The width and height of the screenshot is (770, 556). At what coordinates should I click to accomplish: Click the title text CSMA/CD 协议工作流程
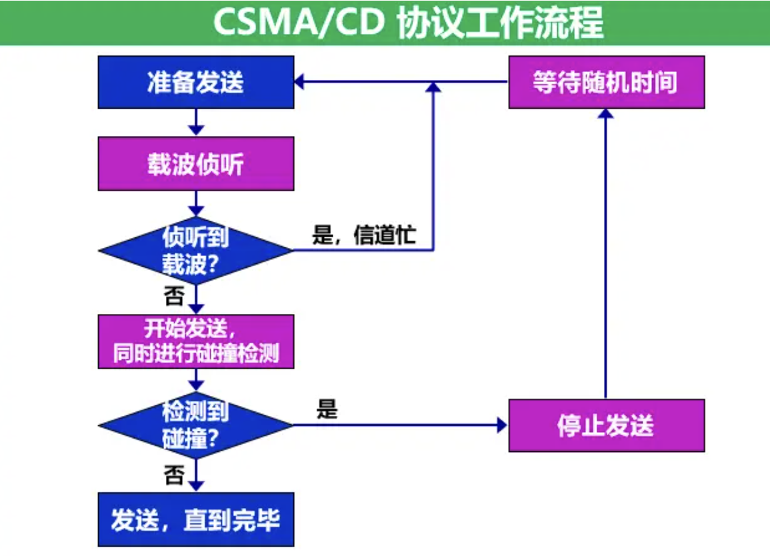(x=408, y=23)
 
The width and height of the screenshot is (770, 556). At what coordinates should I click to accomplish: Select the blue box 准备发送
(x=195, y=82)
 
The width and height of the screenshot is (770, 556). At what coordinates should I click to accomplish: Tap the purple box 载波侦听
(x=195, y=163)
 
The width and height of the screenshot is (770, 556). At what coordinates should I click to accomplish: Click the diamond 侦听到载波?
(x=195, y=251)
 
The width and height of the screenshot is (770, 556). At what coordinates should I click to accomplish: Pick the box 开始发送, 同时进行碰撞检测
(x=195, y=341)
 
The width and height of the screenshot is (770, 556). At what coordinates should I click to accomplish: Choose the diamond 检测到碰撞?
(x=195, y=425)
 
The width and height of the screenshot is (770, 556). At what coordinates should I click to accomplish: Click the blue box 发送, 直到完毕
(x=195, y=519)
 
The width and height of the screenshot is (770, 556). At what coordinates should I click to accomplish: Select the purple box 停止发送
(x=606, y=425)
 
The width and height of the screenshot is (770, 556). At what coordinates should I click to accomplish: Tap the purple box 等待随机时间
(x=606, y=82)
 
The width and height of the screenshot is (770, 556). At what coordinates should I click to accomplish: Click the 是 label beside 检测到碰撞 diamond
(x=327, y=409)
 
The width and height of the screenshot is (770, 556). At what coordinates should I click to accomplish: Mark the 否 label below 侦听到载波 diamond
(x=174, y=295)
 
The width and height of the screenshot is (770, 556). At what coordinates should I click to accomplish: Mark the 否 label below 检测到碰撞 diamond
(x=174, y=475)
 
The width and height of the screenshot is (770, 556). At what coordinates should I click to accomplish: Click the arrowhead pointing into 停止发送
(x=502, y=425)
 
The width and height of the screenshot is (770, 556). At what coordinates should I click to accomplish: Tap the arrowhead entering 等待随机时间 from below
(x=605, y=114)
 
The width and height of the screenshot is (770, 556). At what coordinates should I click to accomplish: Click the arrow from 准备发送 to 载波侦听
(x=195, y=123)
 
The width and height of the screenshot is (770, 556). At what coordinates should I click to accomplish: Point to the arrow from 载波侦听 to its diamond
(x=195, y=203)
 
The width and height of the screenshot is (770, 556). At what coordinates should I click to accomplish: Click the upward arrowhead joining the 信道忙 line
(x=434, y=88)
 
